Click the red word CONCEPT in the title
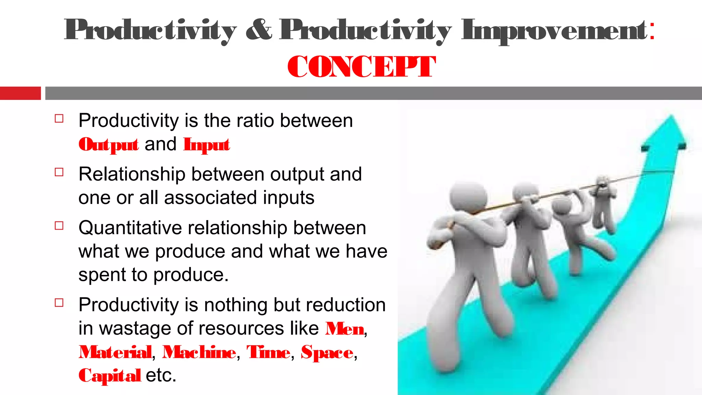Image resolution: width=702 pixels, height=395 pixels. tap(361, 67)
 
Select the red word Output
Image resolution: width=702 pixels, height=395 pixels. tap(109, 145)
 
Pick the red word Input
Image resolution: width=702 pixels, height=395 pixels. tap(206, 145)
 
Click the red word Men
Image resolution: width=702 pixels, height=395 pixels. tap(344, 329)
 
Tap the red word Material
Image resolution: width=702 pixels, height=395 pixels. tap(115, 352)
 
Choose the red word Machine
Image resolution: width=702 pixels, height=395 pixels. tap(199, 352)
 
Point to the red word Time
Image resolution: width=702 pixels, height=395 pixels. tap(268, 352)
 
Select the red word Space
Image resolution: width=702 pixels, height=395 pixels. tap(327, 352)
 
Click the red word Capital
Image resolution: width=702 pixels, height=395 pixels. tap(110, 375)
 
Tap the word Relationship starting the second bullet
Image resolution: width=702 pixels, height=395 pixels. tap(132, 175)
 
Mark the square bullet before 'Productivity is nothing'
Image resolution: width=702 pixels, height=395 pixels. tap(59, 303)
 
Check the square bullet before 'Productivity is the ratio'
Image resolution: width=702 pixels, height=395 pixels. tap(59, 119)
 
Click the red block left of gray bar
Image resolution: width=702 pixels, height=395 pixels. tap(20, 93)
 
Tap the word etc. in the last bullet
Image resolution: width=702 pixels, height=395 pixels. tap(161, 375)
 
